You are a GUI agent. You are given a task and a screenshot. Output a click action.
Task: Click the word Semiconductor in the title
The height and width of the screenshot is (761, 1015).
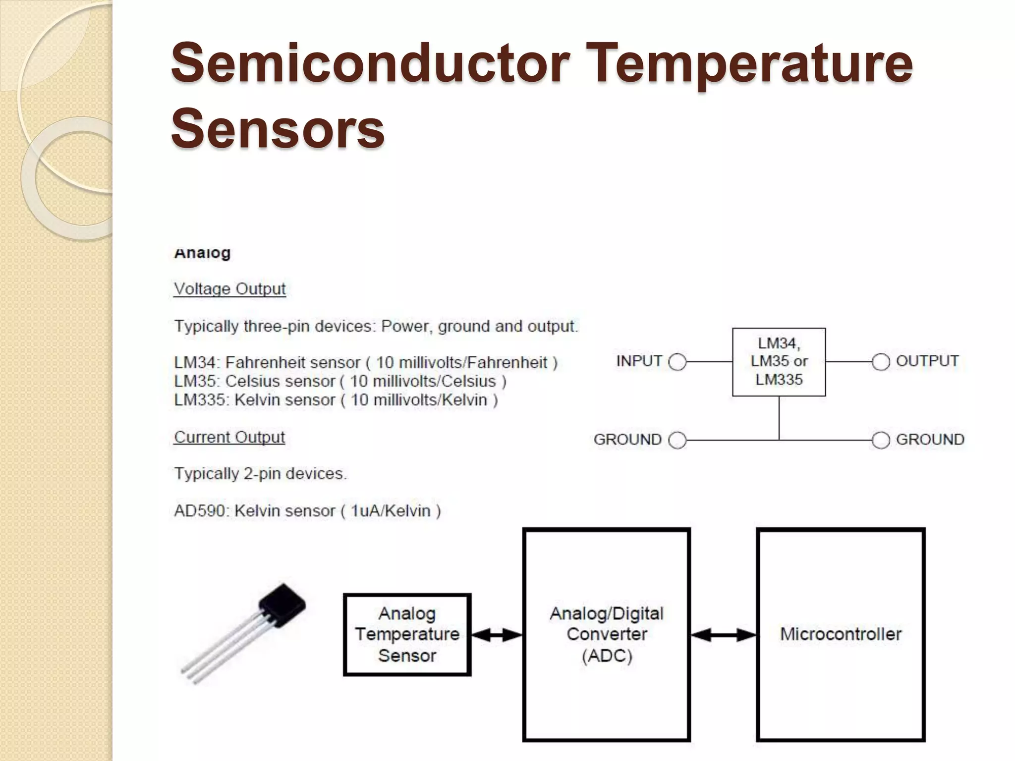point(369,63)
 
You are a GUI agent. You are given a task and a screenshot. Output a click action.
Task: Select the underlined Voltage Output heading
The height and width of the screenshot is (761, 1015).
point(229,289)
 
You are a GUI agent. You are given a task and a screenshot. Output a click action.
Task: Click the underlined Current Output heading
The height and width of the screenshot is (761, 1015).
point(229,437)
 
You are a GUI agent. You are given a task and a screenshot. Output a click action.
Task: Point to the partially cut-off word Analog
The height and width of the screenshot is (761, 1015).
point(202,253)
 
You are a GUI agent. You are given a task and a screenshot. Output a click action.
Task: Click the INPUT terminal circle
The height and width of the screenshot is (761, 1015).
point(677,362)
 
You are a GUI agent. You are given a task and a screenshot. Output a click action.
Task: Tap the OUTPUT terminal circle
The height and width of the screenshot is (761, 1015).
point(881,362)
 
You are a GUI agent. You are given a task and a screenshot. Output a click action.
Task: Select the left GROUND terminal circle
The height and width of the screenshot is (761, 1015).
point(677,440)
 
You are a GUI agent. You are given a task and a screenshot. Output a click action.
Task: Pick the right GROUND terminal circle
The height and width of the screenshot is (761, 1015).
point(881,440)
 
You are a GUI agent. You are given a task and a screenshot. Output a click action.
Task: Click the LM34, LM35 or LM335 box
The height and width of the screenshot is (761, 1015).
point(779,362)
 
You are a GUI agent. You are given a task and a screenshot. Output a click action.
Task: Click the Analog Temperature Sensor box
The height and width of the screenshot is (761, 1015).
point(407,635)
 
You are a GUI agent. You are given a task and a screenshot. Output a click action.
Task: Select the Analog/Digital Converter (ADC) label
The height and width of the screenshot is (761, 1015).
point(607,635)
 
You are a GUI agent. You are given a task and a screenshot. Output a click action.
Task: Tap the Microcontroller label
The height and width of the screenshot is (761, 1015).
point(841,634)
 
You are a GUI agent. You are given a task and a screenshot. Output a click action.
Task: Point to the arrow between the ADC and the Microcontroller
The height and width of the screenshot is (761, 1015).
point(724,635)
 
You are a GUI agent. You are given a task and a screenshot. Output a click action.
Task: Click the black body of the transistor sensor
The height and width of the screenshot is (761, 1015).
point(282,605)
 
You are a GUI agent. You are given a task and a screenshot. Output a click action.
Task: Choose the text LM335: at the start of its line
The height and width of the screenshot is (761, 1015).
point(202,400)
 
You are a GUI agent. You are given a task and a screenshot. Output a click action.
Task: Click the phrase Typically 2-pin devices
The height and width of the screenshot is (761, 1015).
point(260,474)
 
